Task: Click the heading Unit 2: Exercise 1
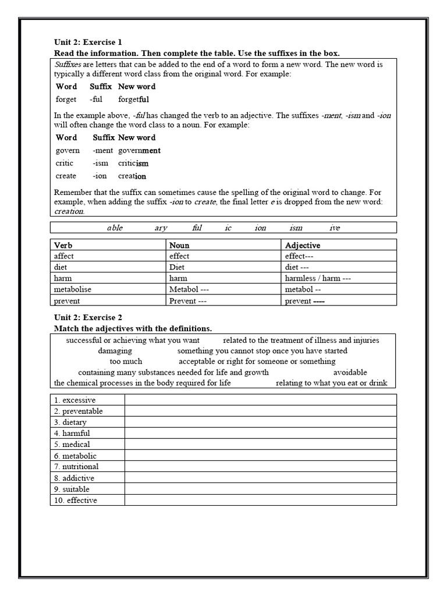[88, 42]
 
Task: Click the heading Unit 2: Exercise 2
[88, 318]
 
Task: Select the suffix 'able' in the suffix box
[115, 228]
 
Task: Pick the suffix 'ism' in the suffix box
[296, 228]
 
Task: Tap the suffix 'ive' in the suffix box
[335, 228]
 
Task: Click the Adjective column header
[302, 246]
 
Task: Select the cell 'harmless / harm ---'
[318, 279]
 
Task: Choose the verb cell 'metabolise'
[73, 290]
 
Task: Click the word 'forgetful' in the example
[133, 100]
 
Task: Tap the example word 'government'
[139, 151]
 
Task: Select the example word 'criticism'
[133, 164]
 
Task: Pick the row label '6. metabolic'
[76, 456]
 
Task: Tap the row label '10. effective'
[76, 501]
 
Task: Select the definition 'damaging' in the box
[115, 351]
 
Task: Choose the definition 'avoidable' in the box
[350, 372]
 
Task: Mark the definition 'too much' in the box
[126, 361]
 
